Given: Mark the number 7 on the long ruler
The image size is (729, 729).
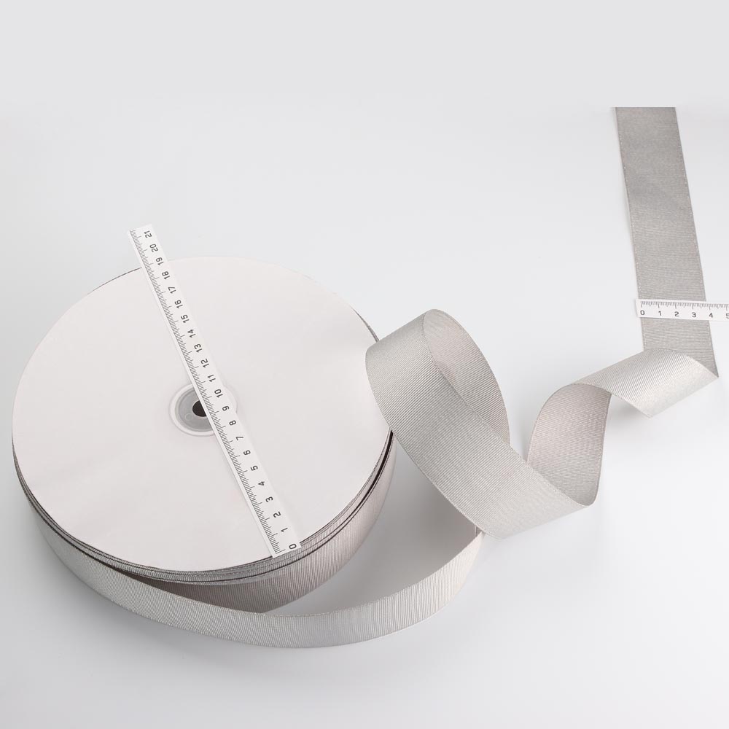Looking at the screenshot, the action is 241,438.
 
